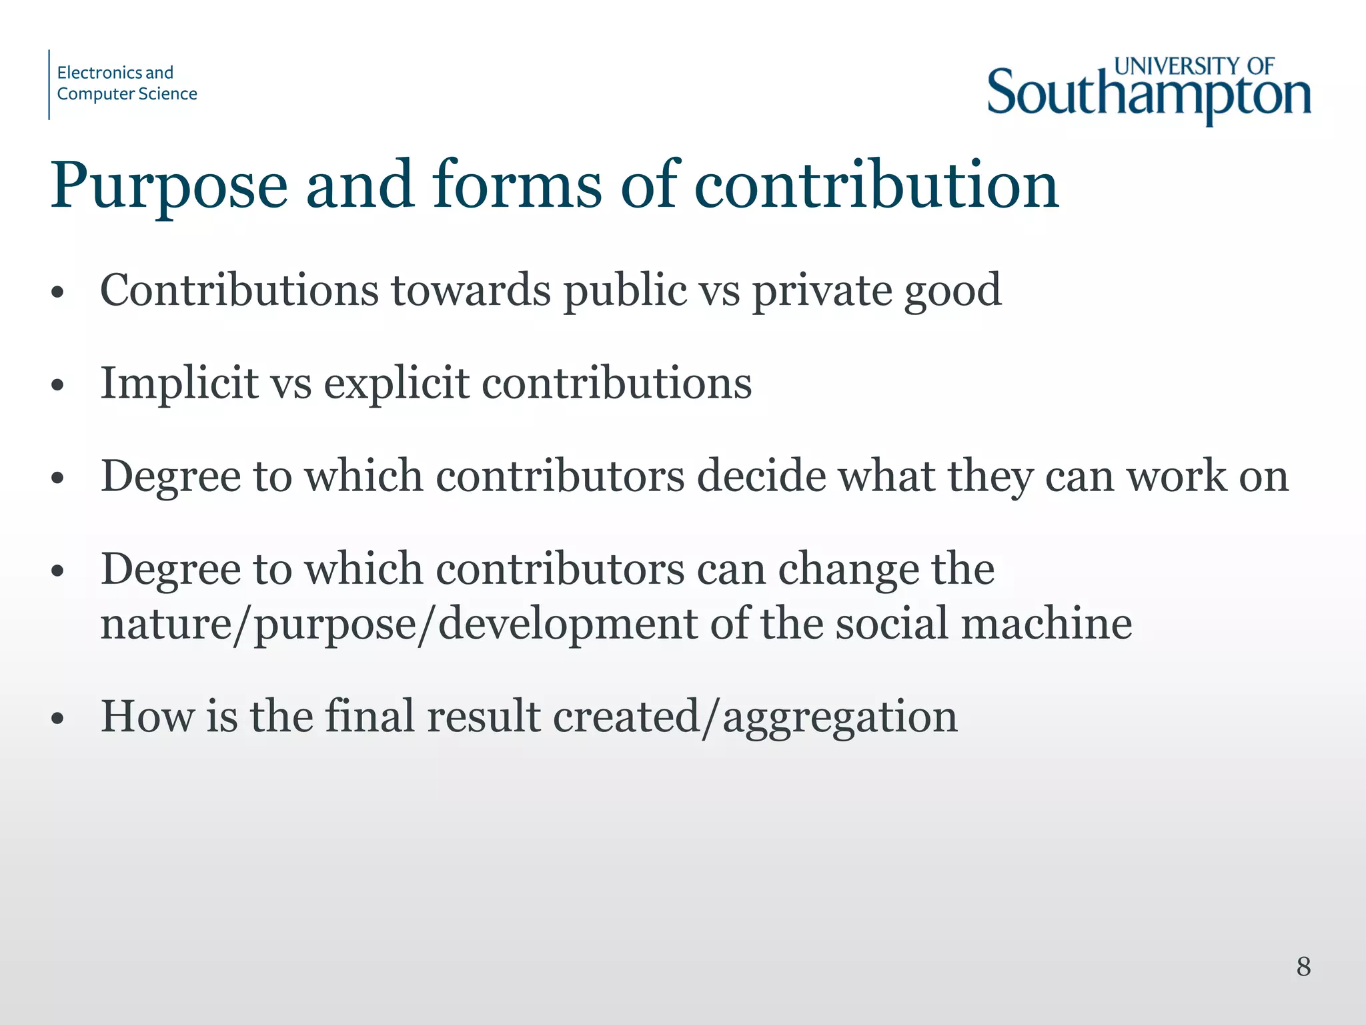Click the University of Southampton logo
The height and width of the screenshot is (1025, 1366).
pos(1149,90)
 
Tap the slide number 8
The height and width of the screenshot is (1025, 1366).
pos(1303,966)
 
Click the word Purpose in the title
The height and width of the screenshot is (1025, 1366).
pos(169,186)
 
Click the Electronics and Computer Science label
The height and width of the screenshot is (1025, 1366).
pos(127,83)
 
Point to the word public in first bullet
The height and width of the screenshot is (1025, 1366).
pos(624,291)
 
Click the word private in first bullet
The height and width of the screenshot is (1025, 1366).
pos(821,291)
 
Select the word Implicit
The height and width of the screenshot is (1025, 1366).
pos(179,384)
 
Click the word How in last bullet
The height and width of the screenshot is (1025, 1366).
pos(147,717)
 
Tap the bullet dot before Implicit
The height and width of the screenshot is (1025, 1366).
pos(58,385)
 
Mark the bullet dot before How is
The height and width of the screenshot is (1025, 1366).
pos(58,719)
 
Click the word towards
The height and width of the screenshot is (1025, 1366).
pos(471,291)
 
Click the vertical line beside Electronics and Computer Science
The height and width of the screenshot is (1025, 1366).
pos(49,85)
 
